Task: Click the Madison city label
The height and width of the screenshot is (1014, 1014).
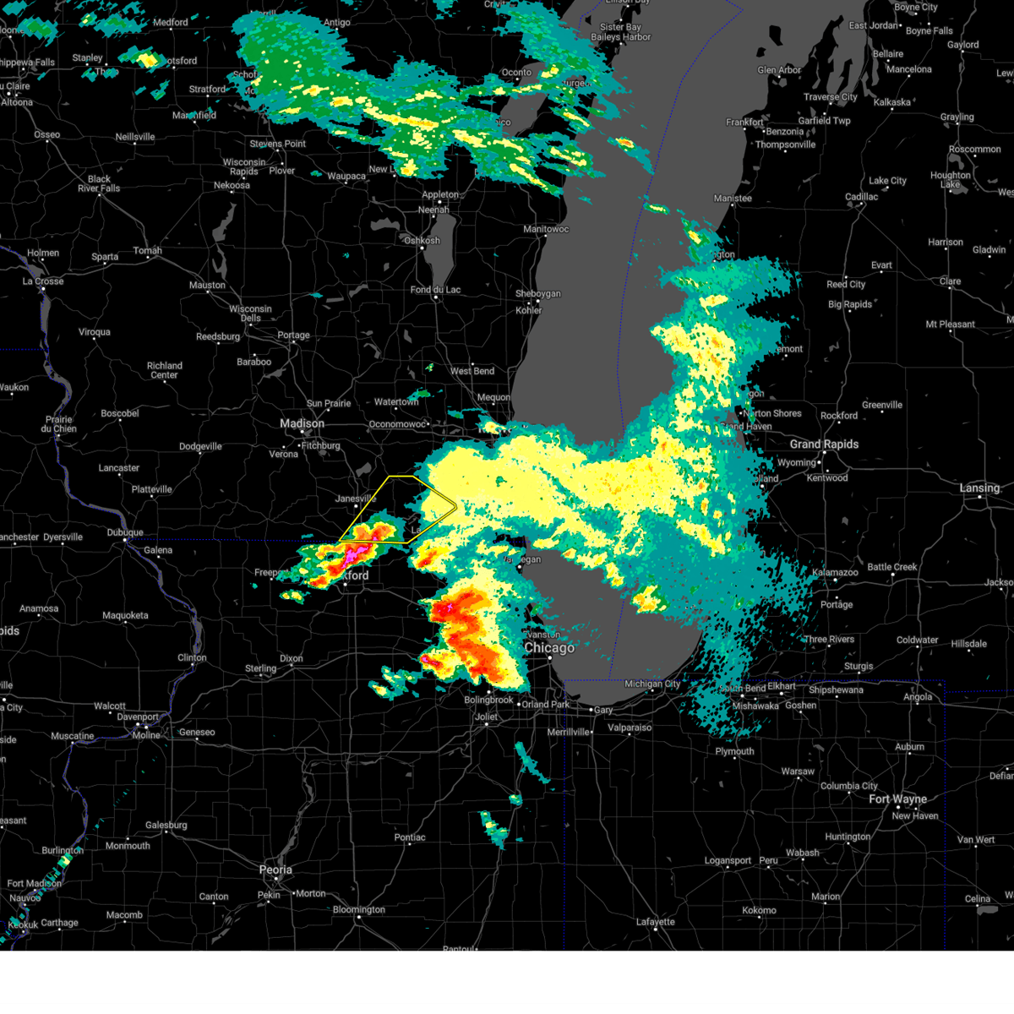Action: pyautogui.click(x=302, y=423)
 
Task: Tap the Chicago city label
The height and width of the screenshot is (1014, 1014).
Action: pyautogui.click(x=549, y=648)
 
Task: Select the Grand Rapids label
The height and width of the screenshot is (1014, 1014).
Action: pyautogui.click(x=824, y=444)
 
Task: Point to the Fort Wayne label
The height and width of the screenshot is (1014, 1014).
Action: pyautogui.click(x=897, y=799)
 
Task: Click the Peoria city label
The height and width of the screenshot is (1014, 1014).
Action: pyautogui.click(x=275, y=870)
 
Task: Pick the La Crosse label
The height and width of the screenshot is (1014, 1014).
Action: pyautogui.click(x=44, y=281)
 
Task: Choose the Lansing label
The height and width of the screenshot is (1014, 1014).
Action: pyautogui.click(x=979, y=488)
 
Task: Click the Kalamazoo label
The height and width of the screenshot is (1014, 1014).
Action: pyautogui.click(x=835, y=572)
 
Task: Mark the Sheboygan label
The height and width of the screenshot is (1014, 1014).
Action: pyautogui.click(x=537, y=293)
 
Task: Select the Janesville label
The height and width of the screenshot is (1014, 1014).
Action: pyautogui.click(x=356, y=499)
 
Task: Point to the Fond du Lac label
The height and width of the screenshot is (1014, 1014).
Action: pyautogui.click(x=435, y=290)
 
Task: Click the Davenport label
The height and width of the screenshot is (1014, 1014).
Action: pyautogui.click(x=138, y=717)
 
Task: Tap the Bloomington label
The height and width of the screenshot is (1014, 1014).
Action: pyautogui.click(x=358, y=909)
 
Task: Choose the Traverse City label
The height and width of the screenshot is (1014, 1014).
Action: pyautogui.click(x=831, y=97)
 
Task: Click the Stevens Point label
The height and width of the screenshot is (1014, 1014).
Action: pyautogui.click(x=278, y=144)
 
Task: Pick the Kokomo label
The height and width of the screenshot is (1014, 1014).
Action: pyautogui.click(x=759, y=910)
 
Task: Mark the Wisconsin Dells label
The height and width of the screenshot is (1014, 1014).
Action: pyautogui.click(x=250, y=313)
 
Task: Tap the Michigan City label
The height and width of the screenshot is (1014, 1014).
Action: pyautogui.click(x=652, y=684)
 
